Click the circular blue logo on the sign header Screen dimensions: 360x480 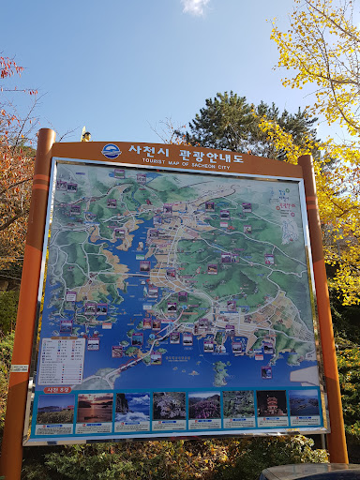tap(111, 151)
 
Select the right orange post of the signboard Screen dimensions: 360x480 tap(324, 309)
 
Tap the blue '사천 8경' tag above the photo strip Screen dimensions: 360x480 tap(57, 389)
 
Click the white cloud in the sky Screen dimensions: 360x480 tap(196, 6)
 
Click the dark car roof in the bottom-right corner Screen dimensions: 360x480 tap(309, 471)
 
